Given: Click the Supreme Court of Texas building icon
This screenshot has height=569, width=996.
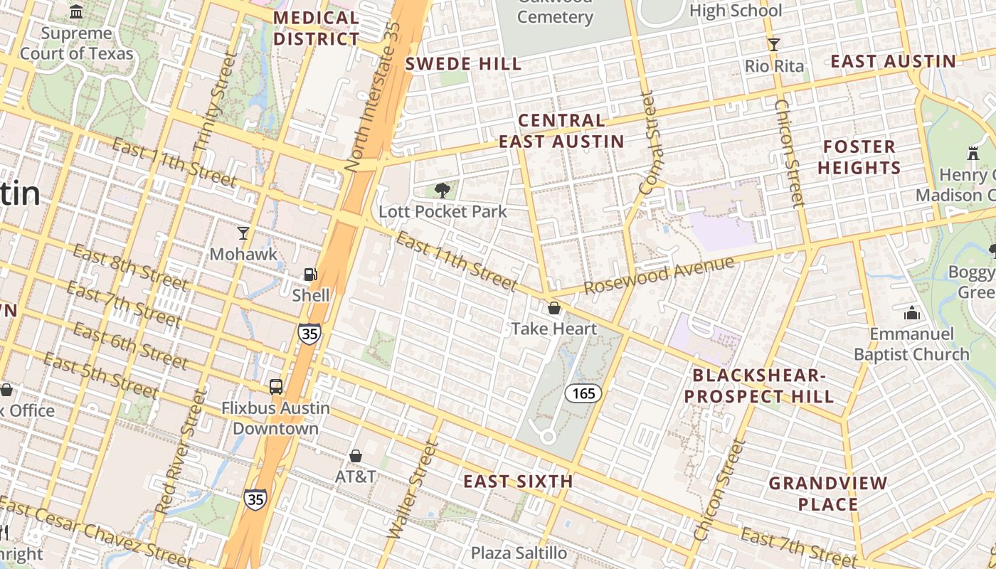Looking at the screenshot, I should (x=76, y=11).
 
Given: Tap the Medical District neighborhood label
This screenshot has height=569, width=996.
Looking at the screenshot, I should (x=317, y=28).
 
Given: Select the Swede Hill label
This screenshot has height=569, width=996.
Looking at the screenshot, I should (x=463, y=64).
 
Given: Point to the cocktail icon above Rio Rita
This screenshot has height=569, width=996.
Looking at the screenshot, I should (x=774, y=45).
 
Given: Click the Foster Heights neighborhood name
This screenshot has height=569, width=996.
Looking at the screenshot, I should (x=859, y=157).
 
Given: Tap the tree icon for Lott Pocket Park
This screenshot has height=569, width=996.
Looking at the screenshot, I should (x=442, y=190).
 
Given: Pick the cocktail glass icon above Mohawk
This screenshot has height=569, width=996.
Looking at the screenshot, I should (x=243, y=233).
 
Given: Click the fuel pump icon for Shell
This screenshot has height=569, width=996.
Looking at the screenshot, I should (x=310, y=274).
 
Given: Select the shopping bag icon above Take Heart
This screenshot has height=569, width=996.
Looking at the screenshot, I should (x=553, y=308).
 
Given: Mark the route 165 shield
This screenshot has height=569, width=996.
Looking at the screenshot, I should (x=584, y=393).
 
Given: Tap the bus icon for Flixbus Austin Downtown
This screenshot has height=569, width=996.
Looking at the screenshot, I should (x=275, y=387).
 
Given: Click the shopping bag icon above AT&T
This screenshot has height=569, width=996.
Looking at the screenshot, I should (x=355, y=456).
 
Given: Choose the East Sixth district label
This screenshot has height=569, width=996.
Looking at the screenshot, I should (x=518, y=482).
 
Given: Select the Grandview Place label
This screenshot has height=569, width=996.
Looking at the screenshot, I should (x=827, y=494).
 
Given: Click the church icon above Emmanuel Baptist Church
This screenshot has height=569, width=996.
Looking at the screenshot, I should (x=911, y=313).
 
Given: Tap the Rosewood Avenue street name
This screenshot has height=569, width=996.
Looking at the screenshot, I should (x=659, y=275).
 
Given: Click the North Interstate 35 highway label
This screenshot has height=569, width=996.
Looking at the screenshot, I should (x=373, y=96).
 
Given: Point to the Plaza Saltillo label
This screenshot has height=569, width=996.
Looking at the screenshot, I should (x=519, y=553).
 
